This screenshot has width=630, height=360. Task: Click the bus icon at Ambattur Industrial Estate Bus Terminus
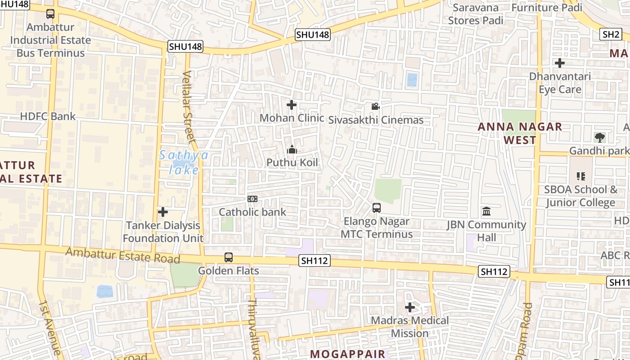pyautogui.click(x=50, y=14)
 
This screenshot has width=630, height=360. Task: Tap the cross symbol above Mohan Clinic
pyautogui.click(x=292, y=105)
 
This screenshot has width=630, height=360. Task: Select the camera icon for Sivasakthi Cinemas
pyautogui.click(x=375, y=107)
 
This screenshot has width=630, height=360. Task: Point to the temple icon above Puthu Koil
pyautogui.click(x=292, y=149)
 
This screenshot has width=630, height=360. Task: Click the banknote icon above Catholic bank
pyautogui.click(x=252, y=198)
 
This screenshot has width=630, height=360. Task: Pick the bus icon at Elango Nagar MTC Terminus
pyautogui.click(x=377, y=208)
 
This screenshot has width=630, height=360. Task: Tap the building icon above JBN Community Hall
pyautogui.click(x=486, y=211)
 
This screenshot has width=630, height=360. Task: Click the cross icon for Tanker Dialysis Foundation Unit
pyautogui.click(x=163, y=211)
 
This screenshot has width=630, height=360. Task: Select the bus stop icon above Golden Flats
pyautogui.click(x=229, y=257)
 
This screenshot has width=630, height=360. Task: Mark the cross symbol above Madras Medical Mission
pyautogui.click(x=410, y=308)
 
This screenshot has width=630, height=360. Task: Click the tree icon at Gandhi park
pyautogui.click(x=599, y=138)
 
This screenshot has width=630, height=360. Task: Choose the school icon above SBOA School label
pyautogui.click(x=581, y=176)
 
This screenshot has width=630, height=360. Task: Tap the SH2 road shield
pyautogui.click(x=611, y=34)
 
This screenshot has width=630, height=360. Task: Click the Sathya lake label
pyautogui.click(x=184, y=162)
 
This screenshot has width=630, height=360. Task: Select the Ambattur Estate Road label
pyautogui.click(x=122, y=255)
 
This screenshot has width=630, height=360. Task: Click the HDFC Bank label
pyautogui.click(x=48, y=117)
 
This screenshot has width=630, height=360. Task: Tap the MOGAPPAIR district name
pyautogui.click(x=348, y=354)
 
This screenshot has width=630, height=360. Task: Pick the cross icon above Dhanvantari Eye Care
pyautogui.click(x=560, y=63)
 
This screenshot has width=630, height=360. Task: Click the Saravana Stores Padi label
pyautogui.click(x=476, y=14)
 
